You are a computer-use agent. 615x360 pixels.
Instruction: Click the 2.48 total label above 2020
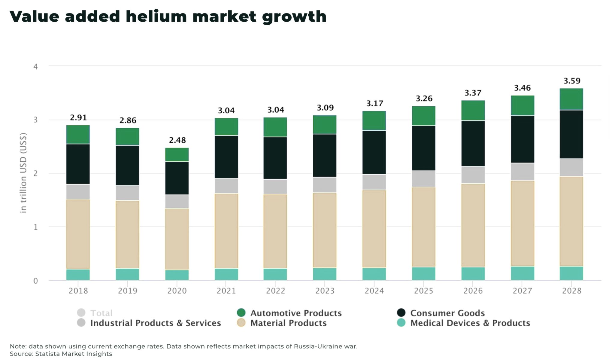click(x=177, y=140)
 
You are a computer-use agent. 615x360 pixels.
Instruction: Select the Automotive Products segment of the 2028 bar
click(x=571, y=99)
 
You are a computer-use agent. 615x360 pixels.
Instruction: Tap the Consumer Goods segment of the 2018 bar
click(x=78, y=164)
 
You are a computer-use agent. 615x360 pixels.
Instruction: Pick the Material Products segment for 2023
click(x=325, y=230)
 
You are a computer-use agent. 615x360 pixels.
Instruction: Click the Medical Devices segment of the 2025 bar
click(x=423, y=274)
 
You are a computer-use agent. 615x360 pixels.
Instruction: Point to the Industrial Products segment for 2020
click(x=177, y=201)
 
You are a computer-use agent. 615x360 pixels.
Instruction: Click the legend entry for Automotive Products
click(x=296, y=313)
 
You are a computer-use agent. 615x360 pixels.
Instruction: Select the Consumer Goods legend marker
click(x=401, y=313)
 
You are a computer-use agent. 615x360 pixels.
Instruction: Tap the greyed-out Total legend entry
click(x=101, y=313)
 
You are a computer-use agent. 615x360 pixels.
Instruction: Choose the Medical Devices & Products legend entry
click(x=470, y=323)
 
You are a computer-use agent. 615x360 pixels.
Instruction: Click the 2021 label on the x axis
click(x=226, y=291)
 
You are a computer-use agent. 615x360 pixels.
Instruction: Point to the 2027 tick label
click(x=522, y=291)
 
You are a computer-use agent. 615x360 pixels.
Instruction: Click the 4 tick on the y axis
click(x=35, y=67)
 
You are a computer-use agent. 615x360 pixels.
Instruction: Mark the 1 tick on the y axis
click(x=35, y=227)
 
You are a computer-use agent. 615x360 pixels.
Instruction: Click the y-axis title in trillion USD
click(x=23, y=173)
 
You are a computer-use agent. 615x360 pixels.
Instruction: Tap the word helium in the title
click(x=156, y=17)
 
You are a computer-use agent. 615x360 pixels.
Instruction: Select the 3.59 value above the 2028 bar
click(x=572, y=81)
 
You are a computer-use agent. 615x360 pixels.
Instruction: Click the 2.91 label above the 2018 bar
click(x=78, y=117)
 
